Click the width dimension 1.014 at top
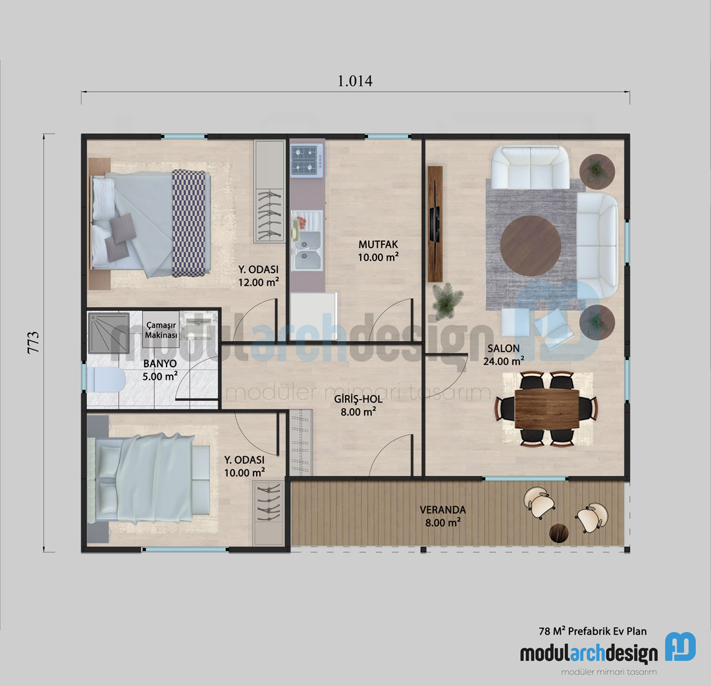[x=355, y=81]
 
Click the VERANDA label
[x=442, y=515]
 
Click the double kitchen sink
[x=307, y=250]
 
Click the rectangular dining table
[x=546, y=409]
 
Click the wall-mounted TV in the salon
[x=434, y=223]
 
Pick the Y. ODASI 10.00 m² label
[x=244, y=465]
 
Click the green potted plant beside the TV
[x=446, y=301]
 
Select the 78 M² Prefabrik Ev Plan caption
[x=592, y=631]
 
